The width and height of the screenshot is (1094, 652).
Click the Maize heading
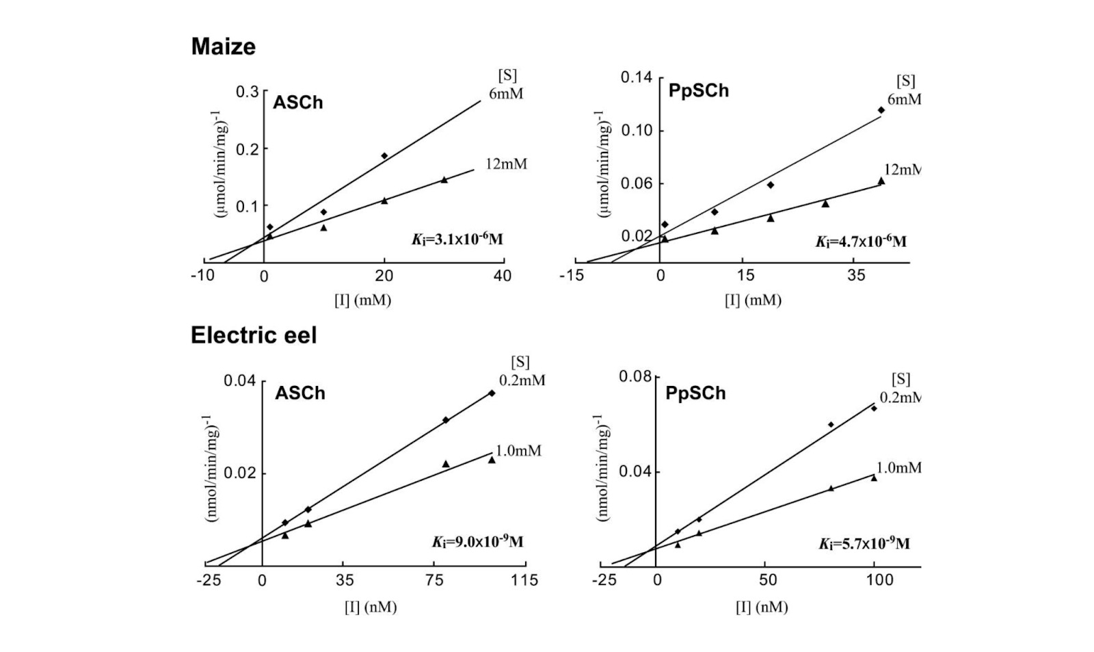click(223, 47)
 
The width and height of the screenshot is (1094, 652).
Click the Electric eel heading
click(254, 335)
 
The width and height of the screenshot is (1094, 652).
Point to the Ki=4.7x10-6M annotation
click(861, 241)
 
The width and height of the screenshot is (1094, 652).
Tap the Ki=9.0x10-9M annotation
click(477, 542)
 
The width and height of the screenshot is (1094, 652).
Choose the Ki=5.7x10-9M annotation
click(864, 544)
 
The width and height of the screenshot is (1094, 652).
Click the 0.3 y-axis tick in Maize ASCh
click(247, 92)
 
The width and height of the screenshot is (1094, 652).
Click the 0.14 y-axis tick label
click(636, 77)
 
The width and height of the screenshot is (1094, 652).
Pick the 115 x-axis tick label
click(524, 580)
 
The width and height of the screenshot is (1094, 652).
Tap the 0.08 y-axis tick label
click(635, 377)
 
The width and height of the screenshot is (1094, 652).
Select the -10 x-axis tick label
click(202, 276)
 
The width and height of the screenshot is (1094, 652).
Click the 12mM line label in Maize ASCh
click(506, 164)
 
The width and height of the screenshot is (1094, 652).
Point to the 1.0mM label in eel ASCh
click(518, 451)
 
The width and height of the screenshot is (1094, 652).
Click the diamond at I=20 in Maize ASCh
click(384, 156)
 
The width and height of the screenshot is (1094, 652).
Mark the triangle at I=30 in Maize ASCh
click(444, 180)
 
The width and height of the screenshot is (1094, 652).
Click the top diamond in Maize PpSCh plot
click(881, 110)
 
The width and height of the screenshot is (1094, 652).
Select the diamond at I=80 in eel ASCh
click(446, 420)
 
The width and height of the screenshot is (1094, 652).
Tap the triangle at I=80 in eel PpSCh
click(831, 488)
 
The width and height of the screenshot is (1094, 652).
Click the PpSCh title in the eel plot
click(695, 393)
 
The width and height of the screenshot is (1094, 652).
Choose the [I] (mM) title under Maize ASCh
click(362, 300)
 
